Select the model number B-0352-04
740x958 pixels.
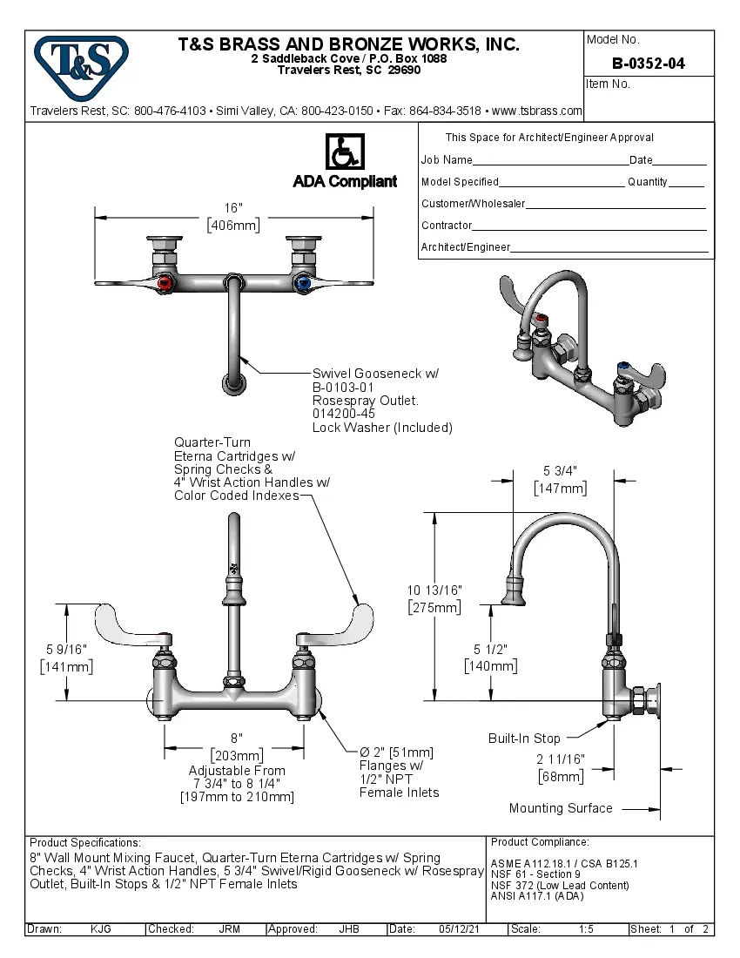coord(649,64)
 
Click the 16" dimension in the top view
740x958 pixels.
coord(233,208)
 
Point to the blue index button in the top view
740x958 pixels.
coord(302,283)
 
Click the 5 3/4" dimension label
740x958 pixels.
coord(560,471)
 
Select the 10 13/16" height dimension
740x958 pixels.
coord(434,590)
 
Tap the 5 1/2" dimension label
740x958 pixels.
coord(490,649)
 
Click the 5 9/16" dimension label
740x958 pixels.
coord(66,649)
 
